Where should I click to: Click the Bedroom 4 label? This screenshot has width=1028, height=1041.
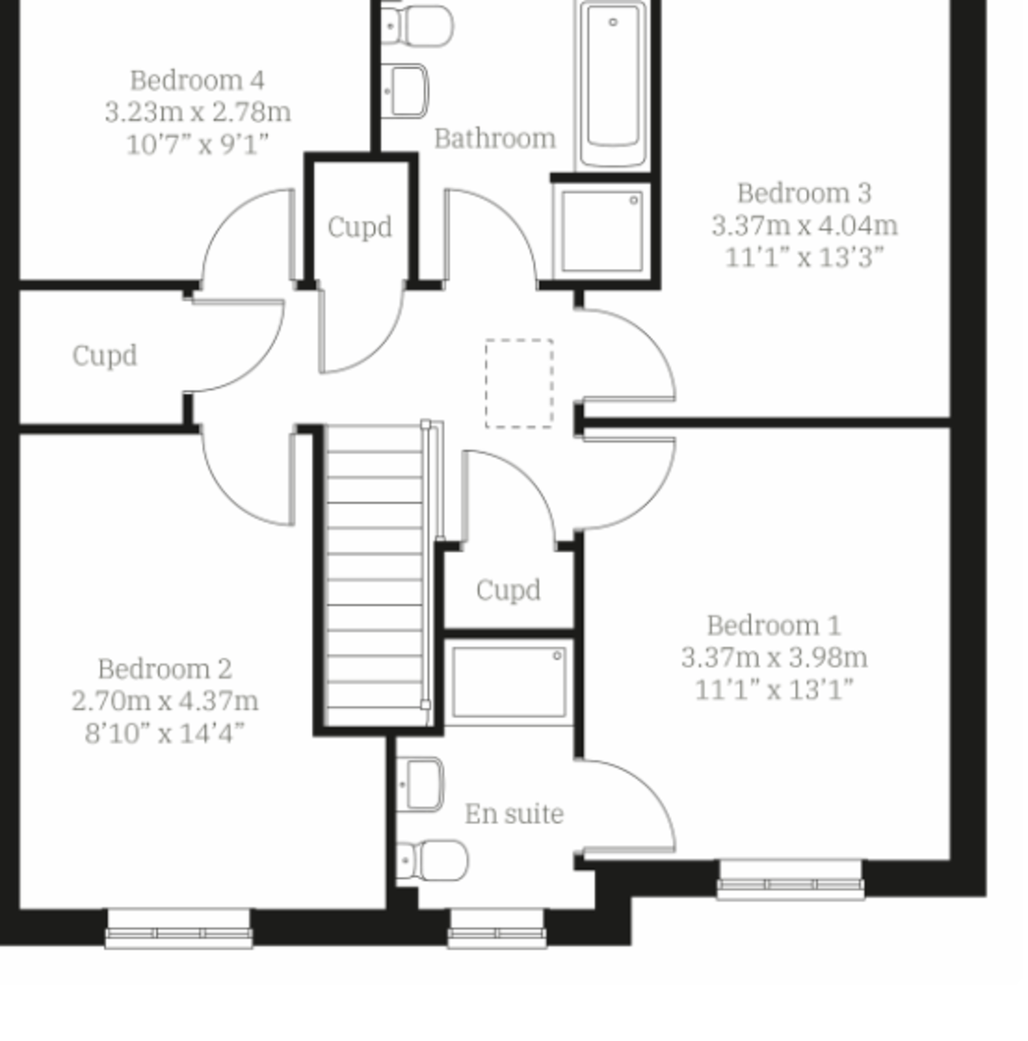[x=197, y=81]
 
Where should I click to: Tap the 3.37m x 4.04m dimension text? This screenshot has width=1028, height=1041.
[x=805, y=226]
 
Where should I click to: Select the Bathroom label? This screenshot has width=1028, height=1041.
[x=495, y=138]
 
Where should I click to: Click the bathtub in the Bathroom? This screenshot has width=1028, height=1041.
[x=613, y=84]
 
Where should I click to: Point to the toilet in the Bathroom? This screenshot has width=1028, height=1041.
[x=417, y=25]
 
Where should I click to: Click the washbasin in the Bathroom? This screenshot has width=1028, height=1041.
[x=405, y=91]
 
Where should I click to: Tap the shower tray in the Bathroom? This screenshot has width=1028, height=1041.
[x=601, y=232]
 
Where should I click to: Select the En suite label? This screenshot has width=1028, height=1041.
[x=514, y=814]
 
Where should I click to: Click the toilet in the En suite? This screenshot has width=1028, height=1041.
[x=432, y=861]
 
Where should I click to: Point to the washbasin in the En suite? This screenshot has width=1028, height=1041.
[x=421, y=784]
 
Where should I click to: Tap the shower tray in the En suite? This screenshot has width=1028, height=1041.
[x=509, y=683]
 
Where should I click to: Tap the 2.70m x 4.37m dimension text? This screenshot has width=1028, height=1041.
[x=166, y=701]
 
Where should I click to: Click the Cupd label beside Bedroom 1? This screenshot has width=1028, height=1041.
[x=508, y=589]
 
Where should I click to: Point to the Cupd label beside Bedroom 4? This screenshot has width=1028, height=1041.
[x=359, y=226]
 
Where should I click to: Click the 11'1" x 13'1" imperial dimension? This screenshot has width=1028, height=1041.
[x=774, y=690]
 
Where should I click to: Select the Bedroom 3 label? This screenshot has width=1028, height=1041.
[x=805, y=193]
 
